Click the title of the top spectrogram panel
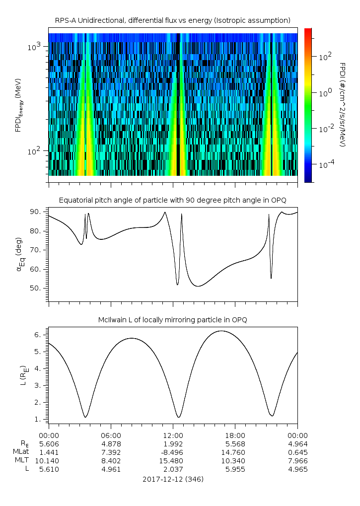point(172,20)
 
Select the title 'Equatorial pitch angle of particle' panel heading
point(172,200)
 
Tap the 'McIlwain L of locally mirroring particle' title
point(172,320)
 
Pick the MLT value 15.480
point(173,460)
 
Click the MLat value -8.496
point(172,452)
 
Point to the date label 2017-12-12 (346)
point(173,479)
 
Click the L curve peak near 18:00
point(222,331)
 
